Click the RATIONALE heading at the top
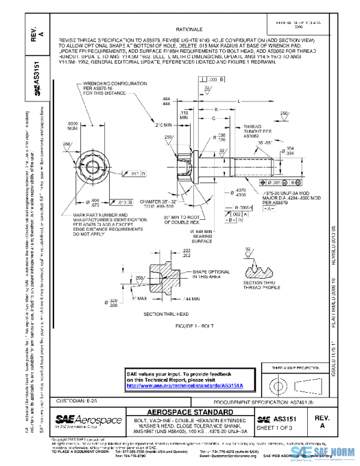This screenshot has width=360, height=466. click(x=188, y=29)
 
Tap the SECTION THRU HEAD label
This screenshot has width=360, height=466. click(x=166, y=313)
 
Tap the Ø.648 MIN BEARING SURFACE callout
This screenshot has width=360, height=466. click(x=202, y=236)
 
